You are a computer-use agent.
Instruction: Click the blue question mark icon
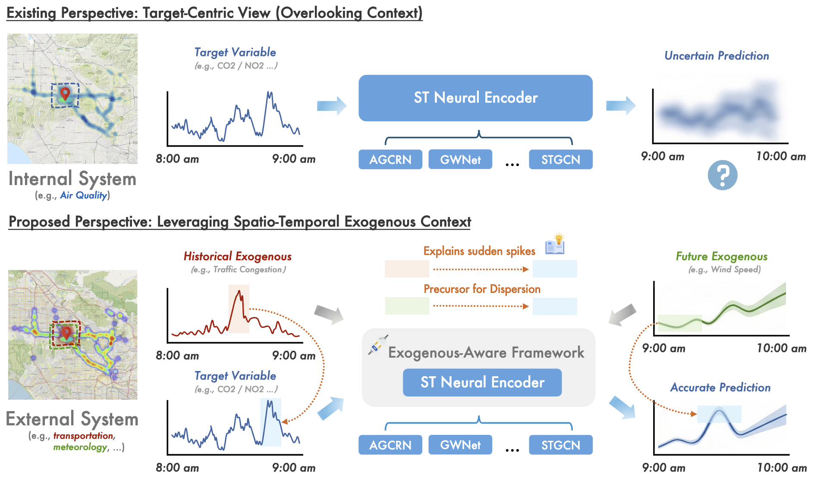[x=723, y=175]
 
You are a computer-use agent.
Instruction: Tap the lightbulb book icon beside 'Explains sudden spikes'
[x=555, y=245]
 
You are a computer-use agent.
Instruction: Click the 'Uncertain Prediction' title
[x=716, y=56]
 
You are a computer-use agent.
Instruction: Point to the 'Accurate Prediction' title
[x=720, y=387]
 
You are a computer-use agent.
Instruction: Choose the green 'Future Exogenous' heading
[x=721, y=257]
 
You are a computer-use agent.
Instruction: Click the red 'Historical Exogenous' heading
[x=238, y=257]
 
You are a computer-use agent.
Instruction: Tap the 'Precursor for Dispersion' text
[x=482, y=289]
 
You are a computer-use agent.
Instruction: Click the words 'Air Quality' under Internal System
[x=83, y=195]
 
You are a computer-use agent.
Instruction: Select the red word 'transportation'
[x=83, y=436]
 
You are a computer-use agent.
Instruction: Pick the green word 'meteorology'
[x=80, y=447]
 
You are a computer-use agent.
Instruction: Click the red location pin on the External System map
[x=66, y=333]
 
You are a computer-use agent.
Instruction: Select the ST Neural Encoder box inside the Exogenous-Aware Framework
[x=482, y=382]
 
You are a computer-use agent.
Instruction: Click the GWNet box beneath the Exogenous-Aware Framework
[x=460, y=445]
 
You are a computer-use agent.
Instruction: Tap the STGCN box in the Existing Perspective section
[x=560, y=160]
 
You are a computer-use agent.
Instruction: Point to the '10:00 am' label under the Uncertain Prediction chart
[x=781, y=156]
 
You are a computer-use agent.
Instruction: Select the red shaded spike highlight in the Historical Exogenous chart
[x=239, y=309]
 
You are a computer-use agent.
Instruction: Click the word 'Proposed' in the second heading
[x=39, y=222]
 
